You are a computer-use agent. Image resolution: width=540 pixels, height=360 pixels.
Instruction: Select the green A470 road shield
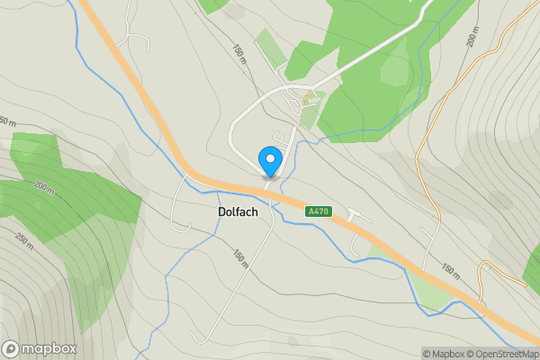(319, 211)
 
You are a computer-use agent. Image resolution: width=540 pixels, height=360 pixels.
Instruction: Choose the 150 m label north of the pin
(239, 53)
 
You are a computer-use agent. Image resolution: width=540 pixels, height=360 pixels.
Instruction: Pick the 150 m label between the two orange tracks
(451, 270)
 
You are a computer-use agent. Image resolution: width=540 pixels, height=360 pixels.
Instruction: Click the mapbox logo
(40, 349)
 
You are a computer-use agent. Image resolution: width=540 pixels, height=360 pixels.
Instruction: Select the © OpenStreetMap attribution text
(500, 354)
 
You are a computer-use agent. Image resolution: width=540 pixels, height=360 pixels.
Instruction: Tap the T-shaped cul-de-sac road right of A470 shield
(358, 216)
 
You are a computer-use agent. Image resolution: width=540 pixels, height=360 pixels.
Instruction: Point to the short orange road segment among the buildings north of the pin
(308, 95)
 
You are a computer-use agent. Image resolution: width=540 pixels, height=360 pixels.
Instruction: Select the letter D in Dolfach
(222, 212)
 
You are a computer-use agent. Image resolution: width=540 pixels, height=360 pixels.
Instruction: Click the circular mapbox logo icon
(11, 349)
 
